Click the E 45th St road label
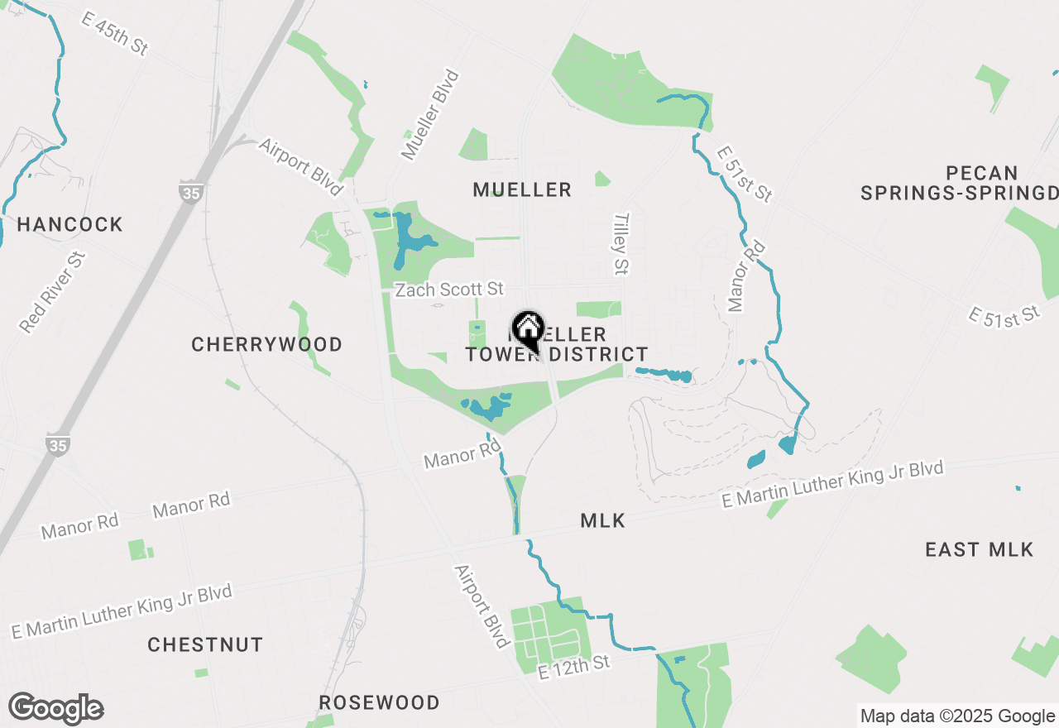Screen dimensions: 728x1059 point(114,33)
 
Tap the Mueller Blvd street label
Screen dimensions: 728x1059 point(429,115)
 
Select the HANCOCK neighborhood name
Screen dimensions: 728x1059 point(69,224)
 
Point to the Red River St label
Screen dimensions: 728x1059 point(53,292)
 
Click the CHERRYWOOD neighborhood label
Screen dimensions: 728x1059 point(266,344)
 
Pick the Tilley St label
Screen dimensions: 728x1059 point(621,243)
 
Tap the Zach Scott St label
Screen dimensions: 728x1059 point(449,290)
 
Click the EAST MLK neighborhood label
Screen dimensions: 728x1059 point(979,549)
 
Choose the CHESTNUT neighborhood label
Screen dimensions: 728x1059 point(205,644)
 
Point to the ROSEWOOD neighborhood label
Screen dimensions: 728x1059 point(380,702)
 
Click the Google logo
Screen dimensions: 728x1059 point(55,709)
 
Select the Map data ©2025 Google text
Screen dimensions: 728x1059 point(957,716)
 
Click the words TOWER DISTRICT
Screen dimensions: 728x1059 point(557,354)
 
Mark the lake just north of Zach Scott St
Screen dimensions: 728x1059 point(409,241)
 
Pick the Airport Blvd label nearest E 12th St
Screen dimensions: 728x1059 point(481,607)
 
